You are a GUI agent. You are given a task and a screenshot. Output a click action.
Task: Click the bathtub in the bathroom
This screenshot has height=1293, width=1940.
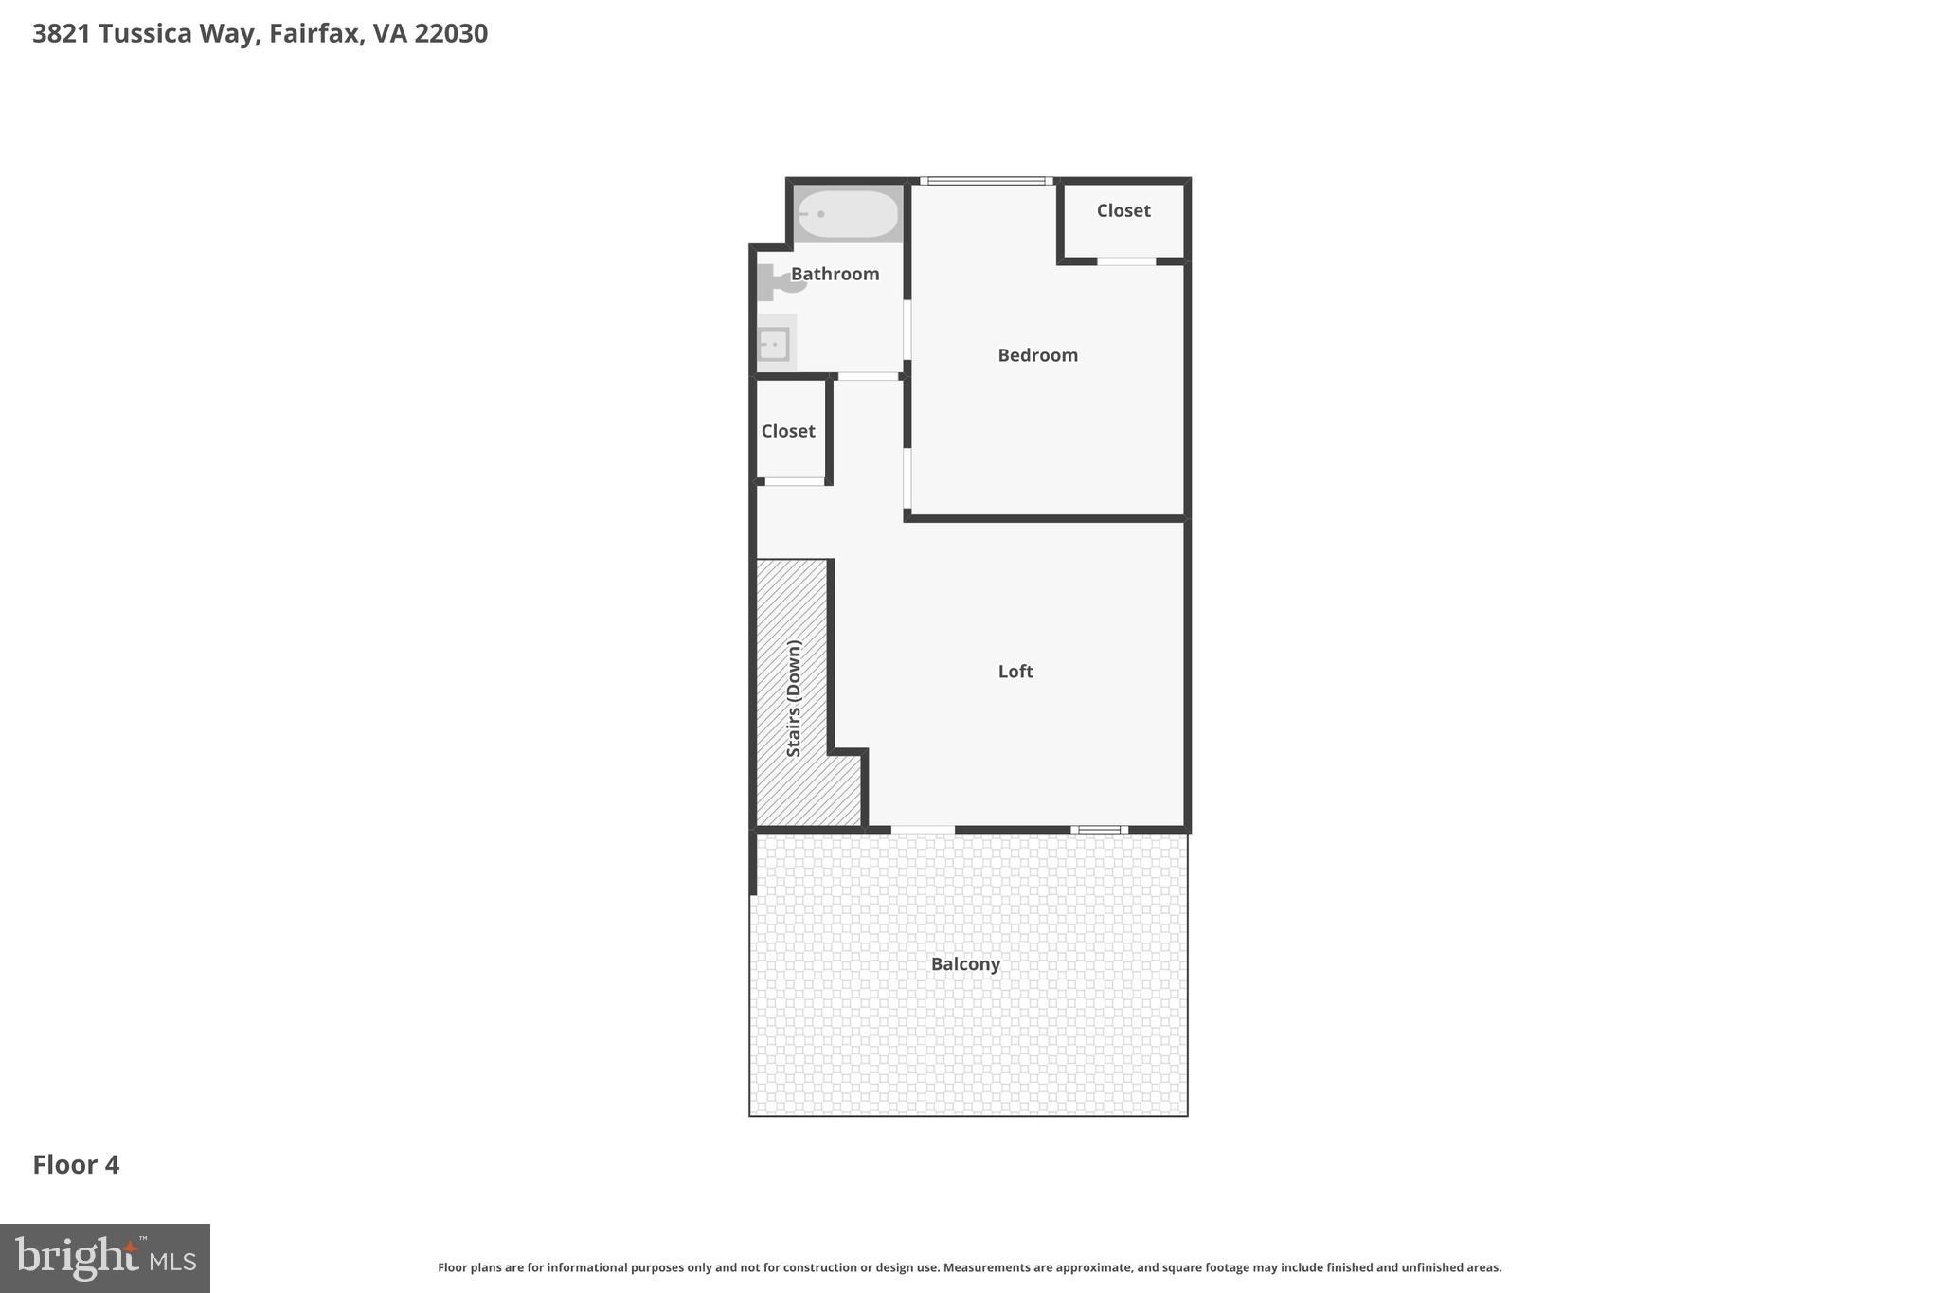[x=848, y=214]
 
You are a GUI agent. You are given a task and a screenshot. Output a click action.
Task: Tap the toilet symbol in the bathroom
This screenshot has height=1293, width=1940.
[x=778, y=281]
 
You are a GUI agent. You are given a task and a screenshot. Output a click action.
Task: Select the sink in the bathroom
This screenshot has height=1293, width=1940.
[x=774, y=344]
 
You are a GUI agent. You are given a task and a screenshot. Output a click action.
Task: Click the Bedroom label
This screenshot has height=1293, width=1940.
[x=1037, y=355]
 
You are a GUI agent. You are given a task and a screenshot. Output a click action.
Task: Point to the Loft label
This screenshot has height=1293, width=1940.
[x=1015, y=672]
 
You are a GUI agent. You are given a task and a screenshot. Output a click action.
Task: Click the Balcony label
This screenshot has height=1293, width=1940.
[x=965, y=964]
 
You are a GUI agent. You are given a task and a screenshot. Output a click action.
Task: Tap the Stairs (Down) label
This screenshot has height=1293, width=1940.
[x=794, y=698]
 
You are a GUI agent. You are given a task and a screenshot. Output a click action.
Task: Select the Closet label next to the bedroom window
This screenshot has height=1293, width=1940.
[x=1123, y=210]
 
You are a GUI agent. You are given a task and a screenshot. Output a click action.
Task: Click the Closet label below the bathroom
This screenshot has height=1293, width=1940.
[x=788, y=431]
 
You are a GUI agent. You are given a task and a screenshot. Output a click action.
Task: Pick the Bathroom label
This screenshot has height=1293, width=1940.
[x=835, y=274]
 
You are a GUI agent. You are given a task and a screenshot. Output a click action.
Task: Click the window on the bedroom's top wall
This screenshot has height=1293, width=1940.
[x=985, y=181]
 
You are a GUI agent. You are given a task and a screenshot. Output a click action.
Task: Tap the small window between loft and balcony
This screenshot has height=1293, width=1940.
[x=1099, y=830]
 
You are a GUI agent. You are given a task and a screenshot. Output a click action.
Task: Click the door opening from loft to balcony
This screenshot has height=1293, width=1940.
[x=923, y=830]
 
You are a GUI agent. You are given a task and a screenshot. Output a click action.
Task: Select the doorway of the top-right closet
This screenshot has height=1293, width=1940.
[x=1126, y=261]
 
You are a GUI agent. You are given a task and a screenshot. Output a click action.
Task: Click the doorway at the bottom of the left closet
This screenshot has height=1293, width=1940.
[x=794, y=482]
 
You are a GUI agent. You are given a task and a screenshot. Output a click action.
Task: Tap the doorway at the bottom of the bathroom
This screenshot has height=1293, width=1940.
[x=868, y=377]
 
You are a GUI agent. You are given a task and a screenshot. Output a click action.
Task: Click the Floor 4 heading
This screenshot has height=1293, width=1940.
[x=76, y=1165]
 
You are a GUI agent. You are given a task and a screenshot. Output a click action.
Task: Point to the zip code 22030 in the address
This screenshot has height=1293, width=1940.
[x=451, y=34]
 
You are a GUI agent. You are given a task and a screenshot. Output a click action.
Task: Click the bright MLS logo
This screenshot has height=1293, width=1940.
[x=105, y=1258]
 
